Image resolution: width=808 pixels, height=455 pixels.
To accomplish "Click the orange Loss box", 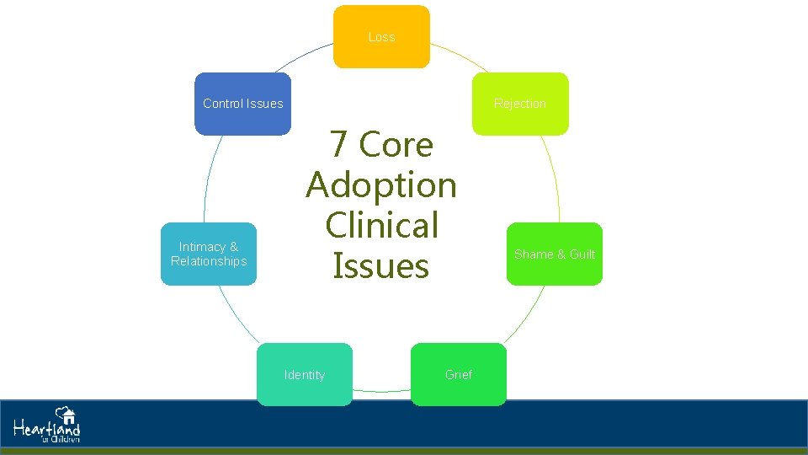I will click(x=381, y=37).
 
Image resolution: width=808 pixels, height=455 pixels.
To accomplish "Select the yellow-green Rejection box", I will click(x=519, y=104).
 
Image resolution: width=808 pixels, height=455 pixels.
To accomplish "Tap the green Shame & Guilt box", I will click(x=554, y=254).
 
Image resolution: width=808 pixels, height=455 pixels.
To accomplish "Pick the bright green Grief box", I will click(x=459, y=374).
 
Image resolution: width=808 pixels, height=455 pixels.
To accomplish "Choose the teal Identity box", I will click(x=305, y=374).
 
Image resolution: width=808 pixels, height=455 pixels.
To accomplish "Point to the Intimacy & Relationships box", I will click(x=209, y=254).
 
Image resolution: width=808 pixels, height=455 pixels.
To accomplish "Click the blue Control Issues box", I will click(x=242, y=104).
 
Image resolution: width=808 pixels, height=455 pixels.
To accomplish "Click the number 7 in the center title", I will click(x=339, y=145).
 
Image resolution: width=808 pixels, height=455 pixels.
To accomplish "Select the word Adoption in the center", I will click(x=381, y=185).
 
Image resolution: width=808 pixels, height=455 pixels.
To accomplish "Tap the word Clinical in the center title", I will click(x=381, y=225).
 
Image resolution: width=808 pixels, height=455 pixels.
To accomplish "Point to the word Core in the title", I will click(x=396, y=145).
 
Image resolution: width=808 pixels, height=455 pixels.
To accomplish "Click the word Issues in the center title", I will click(x=381, y=265).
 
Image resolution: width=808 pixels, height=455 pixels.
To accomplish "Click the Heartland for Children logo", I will click(x=47, y=426).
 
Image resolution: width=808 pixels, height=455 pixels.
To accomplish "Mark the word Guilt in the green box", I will click(x=582, y=254).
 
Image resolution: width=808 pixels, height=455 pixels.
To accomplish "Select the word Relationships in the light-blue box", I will click(x=209, y=261).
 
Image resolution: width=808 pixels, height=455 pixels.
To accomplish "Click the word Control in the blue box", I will click(x=222, y=104).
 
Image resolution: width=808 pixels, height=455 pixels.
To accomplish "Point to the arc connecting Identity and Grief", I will click(x=381, y=391).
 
